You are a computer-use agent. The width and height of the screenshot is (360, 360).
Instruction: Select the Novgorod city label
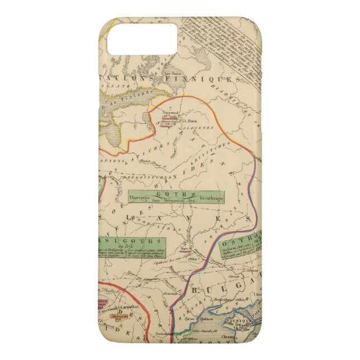point(169,112)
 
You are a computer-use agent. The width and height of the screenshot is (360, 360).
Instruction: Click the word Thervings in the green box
point(132,200)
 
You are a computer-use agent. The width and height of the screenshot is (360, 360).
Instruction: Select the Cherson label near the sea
point(244,337)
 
